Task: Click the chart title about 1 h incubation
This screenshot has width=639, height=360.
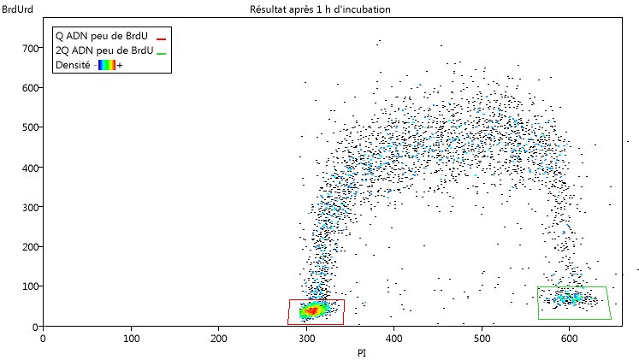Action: (x=321, y=9)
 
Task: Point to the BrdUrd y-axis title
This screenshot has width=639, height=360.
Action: (x=19, y=9)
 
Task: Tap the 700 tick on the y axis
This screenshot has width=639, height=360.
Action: (x=32, y=48)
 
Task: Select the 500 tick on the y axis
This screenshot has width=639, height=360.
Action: (x=32, y=127)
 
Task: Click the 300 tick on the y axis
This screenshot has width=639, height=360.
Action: (x=32, y=207)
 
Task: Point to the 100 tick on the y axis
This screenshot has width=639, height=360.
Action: (x=32, y=286)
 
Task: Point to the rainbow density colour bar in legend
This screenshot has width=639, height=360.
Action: (x=106, y=65)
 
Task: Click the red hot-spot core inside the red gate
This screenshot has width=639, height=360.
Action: (x=313, y=310)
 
